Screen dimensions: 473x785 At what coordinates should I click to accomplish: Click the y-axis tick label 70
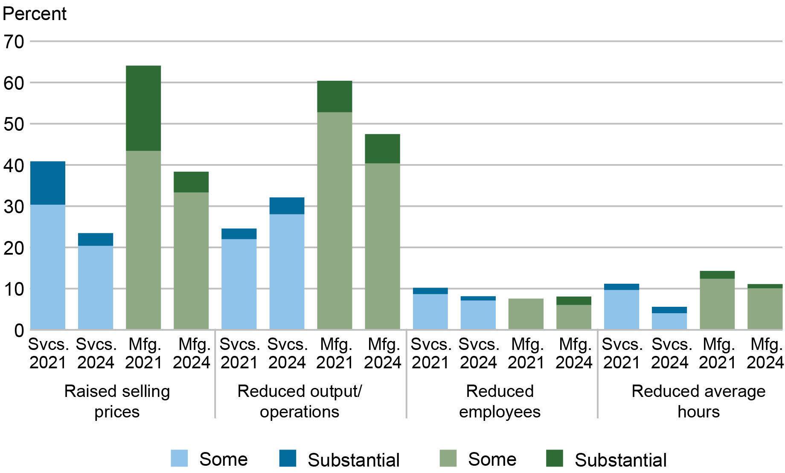14,42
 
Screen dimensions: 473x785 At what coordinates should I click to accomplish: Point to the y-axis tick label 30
14,207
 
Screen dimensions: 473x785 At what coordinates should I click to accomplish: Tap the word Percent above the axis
35,14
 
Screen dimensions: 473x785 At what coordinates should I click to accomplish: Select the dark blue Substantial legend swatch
288,458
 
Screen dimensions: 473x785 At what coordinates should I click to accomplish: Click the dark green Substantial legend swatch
554,458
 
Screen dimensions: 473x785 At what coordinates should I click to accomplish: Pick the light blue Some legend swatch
179,458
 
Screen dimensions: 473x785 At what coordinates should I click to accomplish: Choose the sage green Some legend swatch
448,458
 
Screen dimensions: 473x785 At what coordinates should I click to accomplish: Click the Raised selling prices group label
117,401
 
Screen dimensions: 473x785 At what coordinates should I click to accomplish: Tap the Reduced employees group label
500,401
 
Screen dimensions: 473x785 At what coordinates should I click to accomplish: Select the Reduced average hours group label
698,401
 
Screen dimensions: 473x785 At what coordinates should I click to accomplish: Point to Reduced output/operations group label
299,401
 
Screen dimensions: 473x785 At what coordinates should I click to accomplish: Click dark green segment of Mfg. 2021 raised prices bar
143,108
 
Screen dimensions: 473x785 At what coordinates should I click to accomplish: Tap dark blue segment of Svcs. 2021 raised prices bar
48,183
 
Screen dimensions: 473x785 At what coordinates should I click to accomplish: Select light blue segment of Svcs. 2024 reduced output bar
287,271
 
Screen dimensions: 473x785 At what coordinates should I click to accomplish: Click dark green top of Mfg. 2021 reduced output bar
334,97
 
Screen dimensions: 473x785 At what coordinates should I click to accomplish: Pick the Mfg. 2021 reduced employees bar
526,314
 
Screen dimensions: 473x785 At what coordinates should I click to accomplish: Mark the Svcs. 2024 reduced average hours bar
669,319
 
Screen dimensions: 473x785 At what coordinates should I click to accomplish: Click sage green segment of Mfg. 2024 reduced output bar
382,246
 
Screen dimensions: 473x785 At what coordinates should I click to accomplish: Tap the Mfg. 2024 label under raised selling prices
191,353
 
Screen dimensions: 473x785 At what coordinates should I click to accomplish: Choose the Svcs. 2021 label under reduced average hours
621,353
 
